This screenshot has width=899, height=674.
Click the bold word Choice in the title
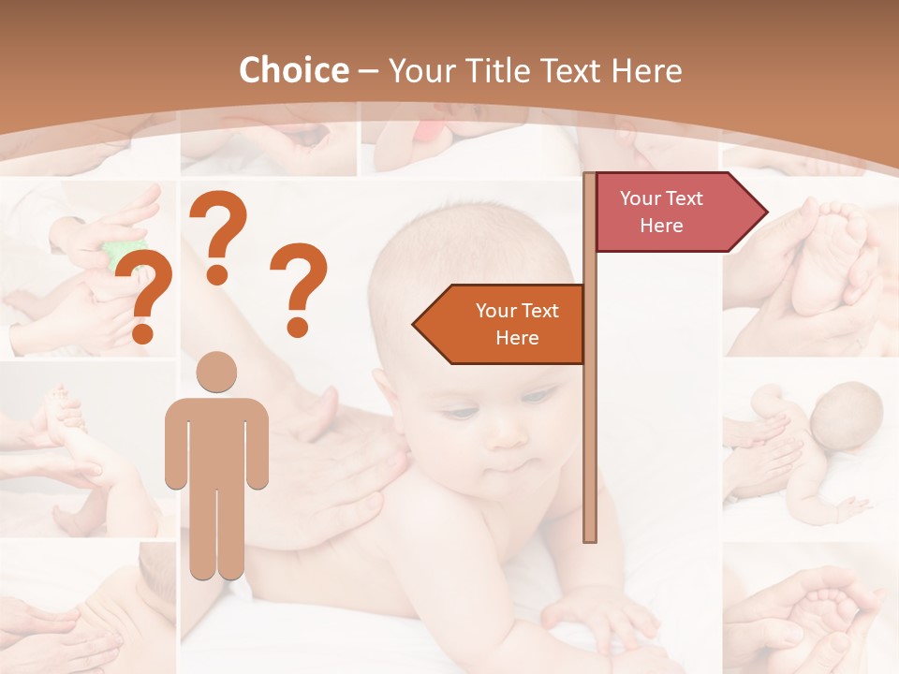click(293, 70)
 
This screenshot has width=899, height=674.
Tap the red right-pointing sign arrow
click(674, 212)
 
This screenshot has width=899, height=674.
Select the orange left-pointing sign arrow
click(506, 324)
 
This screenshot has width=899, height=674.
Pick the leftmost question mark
click(145, 295)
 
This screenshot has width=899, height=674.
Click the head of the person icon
click(216, 372)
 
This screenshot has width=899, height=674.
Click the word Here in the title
click(646, 70)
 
